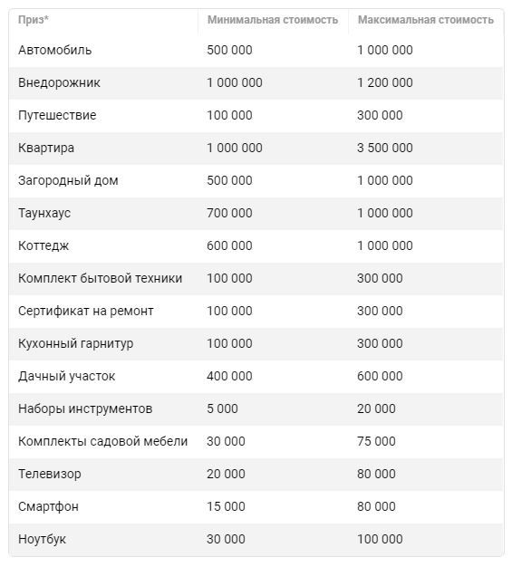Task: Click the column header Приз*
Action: tap(34, 20)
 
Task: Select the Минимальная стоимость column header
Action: tap(272, 20)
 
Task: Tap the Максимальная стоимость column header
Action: tap(425, 20)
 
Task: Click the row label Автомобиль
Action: tap(54, 50)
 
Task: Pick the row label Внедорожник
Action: tap(59, 82)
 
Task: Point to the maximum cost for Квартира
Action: tap(384, 148)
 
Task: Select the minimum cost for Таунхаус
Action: tap(229, 213)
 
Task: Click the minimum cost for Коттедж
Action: tap(229, 245)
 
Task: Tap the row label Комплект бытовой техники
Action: tap(100, 278)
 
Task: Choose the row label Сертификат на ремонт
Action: tap(85, 311)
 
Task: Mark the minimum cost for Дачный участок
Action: tap(229, 376)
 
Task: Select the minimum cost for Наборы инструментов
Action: tap(222, 408)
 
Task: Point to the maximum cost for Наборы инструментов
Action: tap(376, 408)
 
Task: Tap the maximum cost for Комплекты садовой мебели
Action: tap(376, 441)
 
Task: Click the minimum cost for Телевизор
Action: tap(226, 474)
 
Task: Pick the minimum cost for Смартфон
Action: tap(226, 506)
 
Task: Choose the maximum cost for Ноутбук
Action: tap(380, 539)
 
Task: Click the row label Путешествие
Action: tap(57, 115)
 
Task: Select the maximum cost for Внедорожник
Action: tap(384, 82)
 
